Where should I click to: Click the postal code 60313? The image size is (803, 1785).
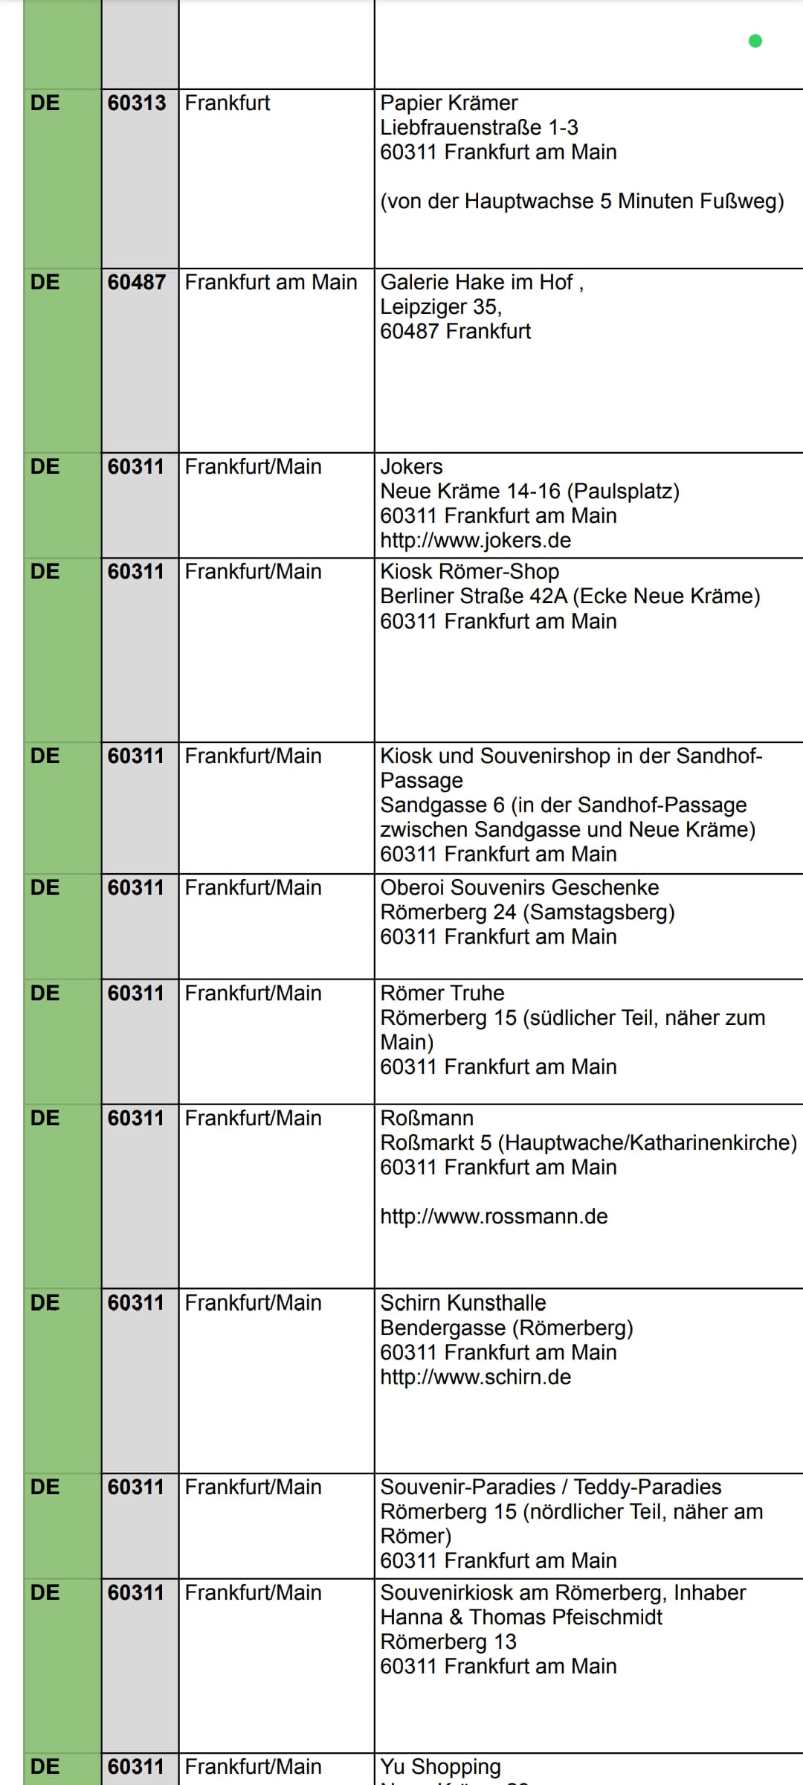click(137, 103)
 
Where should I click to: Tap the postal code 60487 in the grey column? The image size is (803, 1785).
click(137, 282)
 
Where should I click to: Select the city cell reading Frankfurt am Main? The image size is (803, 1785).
click(271, 282)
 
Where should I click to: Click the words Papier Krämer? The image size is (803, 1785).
click(449, 103)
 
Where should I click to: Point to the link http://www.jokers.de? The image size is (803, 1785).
click(475, 540)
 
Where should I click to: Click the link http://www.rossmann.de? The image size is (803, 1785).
click(494, 1216)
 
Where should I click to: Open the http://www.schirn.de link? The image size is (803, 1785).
click(475, 1377)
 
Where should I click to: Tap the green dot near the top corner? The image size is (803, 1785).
click(755, 41)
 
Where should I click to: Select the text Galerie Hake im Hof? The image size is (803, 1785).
click(477, 282)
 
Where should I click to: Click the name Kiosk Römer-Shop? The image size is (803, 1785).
click(469, 571)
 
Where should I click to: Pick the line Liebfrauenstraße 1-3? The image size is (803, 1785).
click(479, 127)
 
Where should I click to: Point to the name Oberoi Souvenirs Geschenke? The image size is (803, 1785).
click(519, 887)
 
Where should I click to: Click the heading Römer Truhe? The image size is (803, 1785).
click(442, 993)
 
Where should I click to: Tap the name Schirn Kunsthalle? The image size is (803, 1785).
click(462, 1302)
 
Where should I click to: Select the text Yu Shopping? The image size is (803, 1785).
click(440, 1766)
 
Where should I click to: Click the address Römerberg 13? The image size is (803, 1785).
click(448, 1641)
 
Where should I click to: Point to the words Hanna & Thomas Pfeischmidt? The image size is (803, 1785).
click(520, 1617)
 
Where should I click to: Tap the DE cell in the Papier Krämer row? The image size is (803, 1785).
click(45, 103)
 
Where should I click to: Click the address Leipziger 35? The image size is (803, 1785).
click(441, 306)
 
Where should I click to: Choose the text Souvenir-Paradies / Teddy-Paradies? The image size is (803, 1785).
click(550, 1487)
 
